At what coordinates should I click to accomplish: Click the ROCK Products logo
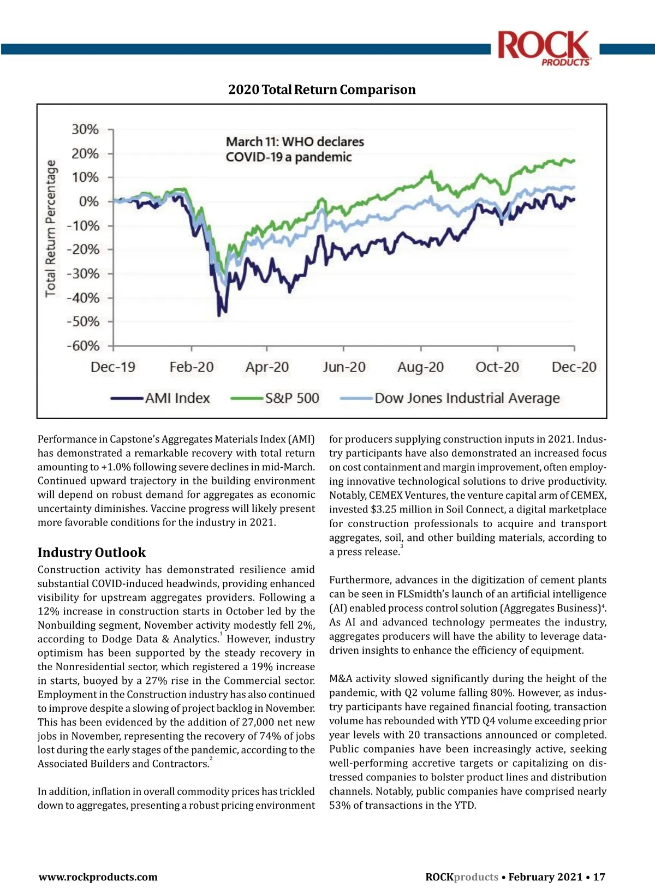tap(544, 48)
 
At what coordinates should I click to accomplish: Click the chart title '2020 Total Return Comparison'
tap(321, 90)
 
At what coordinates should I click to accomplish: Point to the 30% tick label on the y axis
tap(85, 130)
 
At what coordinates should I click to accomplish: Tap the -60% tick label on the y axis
tap(83, 346)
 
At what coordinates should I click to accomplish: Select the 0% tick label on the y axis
tap(89, 202)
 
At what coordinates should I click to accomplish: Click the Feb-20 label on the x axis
tap(191, 367)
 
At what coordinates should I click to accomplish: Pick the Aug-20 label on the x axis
tap(420, 367)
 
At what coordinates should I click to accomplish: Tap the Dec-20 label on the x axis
tap(574, 367)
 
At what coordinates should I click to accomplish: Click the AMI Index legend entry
tap(160, 398)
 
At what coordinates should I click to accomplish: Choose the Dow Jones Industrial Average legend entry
tap(450, 398)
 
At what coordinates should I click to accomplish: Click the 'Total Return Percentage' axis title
tap(50, 229)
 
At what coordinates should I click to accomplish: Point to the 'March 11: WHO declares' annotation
tap(295, 142)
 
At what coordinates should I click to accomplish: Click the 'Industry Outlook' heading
tap(92, 552)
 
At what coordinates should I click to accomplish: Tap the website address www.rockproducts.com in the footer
tap(98, 877)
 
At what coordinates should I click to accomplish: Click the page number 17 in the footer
tap(599, 877)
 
